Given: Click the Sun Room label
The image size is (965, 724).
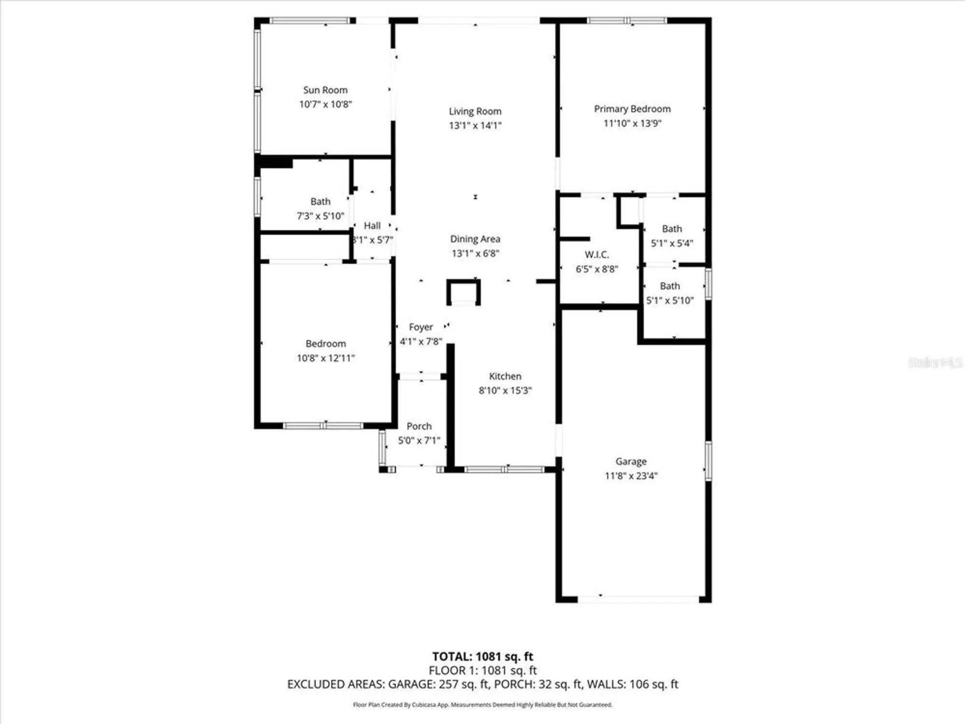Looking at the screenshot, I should click(325, 90).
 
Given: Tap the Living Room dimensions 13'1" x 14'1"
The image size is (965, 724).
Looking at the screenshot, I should click(475, 125).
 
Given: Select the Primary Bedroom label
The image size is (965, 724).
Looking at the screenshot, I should click(632, 109).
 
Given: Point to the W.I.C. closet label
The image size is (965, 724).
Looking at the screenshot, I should click(597, 255).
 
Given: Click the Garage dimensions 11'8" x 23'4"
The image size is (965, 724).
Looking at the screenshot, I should click(631, 476).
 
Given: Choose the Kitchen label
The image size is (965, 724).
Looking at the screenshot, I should click(505, 376).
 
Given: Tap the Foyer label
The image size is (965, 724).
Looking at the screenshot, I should click(421, 327).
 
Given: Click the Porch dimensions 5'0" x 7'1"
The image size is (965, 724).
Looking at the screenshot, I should click(419, 441).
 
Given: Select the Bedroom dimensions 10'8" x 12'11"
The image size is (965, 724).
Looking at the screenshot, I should click(326, 358).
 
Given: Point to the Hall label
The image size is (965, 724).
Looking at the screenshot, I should click(372, 226).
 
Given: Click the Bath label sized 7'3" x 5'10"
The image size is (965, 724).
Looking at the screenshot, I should click(320, 202).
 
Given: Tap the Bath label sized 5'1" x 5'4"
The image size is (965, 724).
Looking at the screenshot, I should click(672, 229).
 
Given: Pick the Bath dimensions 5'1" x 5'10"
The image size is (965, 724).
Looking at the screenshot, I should click(670, 301).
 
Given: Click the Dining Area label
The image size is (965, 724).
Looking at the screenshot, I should click(475, 239).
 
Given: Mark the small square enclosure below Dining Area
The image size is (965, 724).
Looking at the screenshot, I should click(463, 292).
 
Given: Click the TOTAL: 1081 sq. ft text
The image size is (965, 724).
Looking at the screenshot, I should click(482, 656).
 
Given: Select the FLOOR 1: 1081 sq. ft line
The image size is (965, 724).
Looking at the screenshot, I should click(482, 670).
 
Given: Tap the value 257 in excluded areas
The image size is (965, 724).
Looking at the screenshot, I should click(448, 684).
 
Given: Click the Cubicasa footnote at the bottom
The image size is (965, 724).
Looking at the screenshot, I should click(482, 705).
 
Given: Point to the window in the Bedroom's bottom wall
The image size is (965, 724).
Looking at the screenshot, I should click(323, 426).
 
